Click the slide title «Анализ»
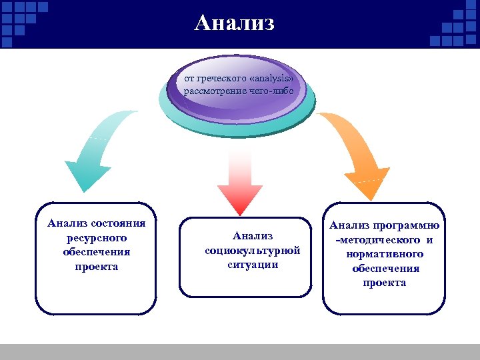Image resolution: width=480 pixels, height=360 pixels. (x=235, y=23)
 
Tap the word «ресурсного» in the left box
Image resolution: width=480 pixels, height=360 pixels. (x=97, y=238)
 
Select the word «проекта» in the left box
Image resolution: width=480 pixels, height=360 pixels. (x=97, y=267)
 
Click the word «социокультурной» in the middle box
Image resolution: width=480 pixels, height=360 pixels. (x=253, y=250)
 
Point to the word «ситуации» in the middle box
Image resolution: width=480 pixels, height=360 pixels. (x=253, y=264)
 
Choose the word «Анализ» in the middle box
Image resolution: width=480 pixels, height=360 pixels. (x=253, y=235)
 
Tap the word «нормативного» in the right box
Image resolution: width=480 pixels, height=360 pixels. (x=385, y=254)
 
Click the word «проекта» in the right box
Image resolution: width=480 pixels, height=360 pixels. (x=385, y=283)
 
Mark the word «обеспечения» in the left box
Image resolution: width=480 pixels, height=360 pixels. (x=97, y=253)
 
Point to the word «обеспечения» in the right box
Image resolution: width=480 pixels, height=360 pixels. (x=385, y=268)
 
